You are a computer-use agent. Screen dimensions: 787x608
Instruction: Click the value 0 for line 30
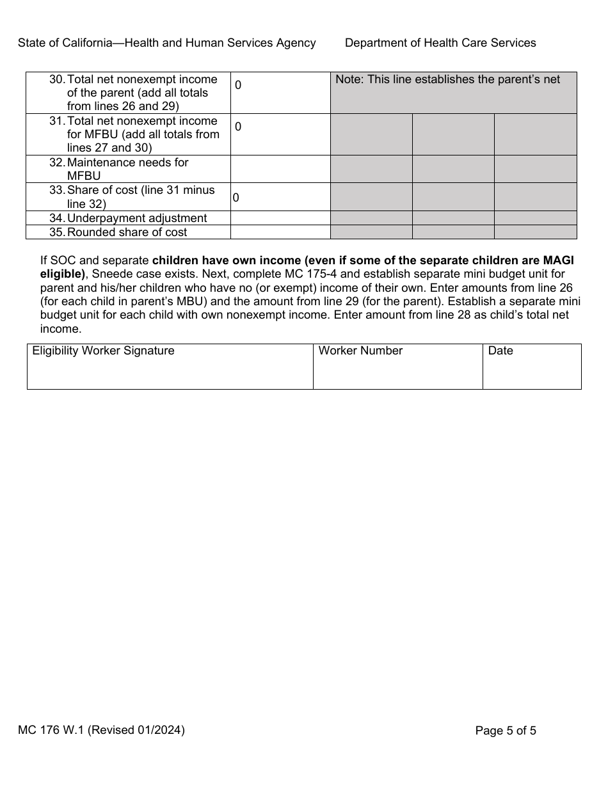(238, 85)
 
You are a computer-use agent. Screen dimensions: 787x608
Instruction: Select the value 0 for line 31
(238, 127)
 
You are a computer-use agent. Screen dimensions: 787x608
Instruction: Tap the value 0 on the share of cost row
(236, 198)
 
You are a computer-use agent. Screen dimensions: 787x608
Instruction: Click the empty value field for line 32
(280, 169)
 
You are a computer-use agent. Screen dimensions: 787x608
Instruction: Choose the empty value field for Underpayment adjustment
(280, 218)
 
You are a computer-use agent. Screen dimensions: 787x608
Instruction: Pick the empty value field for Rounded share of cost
(280, 232)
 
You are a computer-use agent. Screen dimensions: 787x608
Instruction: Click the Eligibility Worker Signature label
(103, 351)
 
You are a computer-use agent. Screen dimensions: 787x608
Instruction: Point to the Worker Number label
(360, 351)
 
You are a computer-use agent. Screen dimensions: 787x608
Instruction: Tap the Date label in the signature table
(500, 351)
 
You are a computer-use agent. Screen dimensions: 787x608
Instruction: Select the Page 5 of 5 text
(506, 731)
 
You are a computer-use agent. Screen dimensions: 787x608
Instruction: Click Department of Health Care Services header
(440, 43)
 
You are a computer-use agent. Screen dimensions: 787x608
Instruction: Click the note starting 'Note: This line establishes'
(447, 79)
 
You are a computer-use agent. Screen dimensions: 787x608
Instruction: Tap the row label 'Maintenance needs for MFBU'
(127, 169)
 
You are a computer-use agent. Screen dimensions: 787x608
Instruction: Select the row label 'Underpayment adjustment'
(136, 218)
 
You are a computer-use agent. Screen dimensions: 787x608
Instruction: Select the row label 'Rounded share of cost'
(127, 232)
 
